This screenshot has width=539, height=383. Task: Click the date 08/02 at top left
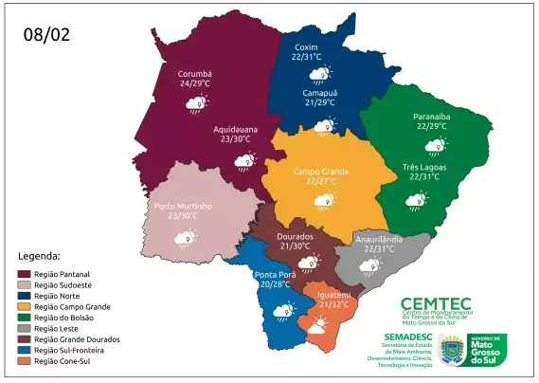(46, 35)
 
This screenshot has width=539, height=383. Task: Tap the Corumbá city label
(194, 72)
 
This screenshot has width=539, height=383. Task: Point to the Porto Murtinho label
(183, 205)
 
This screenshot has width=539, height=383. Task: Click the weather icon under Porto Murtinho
(185, 237)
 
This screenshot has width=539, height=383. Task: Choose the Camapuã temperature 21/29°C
(321, 101)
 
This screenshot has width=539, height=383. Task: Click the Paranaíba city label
(431, 116)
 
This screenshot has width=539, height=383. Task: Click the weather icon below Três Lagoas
(417, 199)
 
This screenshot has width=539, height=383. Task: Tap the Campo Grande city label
(320, 171)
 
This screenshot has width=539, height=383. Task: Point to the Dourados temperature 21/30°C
(296, 246)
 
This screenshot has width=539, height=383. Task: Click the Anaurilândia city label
(379, 239)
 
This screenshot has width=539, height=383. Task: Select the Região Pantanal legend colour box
(26, 274)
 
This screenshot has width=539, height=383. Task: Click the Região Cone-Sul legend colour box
(26, 361)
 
